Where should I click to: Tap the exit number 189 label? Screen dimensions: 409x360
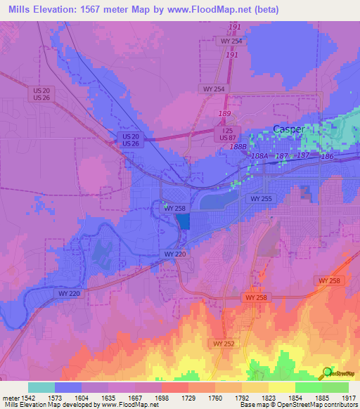[x=225, y=113]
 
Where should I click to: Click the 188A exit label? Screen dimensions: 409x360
[x=259, y=157]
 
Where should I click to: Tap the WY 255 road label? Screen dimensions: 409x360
[x=261, y=200]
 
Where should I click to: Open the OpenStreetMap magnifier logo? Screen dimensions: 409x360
[x=328, y=372]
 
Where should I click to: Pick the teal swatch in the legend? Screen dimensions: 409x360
[x=41, y=387]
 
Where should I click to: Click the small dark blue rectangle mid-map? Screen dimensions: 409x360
[x=183, y=222]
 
